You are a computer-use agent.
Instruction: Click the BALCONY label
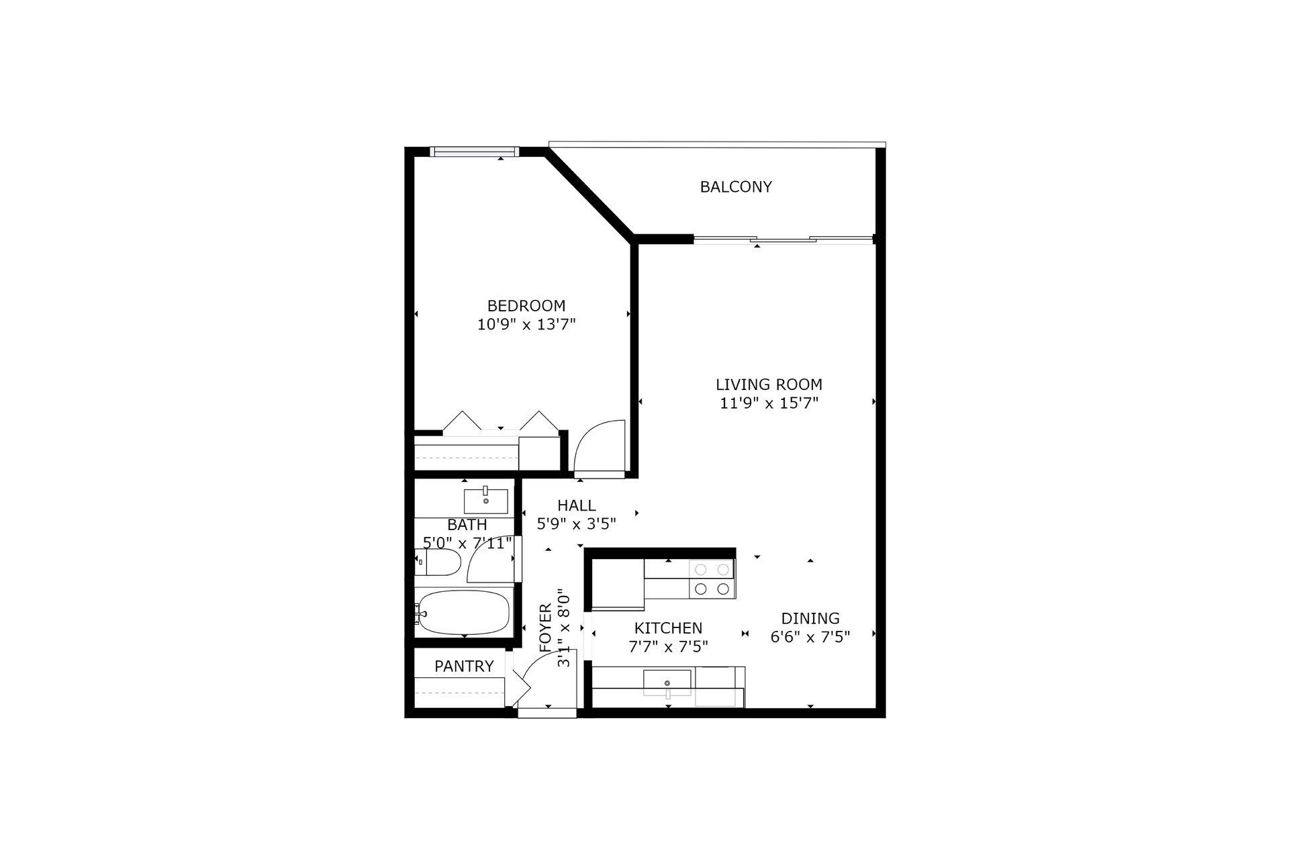pos(736,187)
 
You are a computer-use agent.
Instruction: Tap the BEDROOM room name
pos(526,306)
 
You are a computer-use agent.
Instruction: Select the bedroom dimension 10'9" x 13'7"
pos(526,325)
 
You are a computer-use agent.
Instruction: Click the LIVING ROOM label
pos(769,385)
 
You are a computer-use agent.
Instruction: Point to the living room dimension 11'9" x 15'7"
pos(769,403)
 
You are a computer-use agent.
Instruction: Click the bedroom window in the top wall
pos(474,152)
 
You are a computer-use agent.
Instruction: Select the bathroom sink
pos(485,500)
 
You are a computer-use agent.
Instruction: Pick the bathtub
pos(463,611)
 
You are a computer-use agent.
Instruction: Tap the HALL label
pos(576,505)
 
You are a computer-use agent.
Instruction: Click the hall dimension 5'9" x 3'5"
pos(576,524)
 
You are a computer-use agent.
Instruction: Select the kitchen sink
pos(667,682)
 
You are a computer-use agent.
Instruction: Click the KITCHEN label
pos(668,628)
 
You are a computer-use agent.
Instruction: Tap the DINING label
pos(810,618)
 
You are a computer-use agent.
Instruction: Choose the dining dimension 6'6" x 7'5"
pos(810,637)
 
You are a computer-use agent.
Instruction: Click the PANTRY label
pos(464,666)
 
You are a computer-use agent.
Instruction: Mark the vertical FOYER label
pos(545,628)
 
